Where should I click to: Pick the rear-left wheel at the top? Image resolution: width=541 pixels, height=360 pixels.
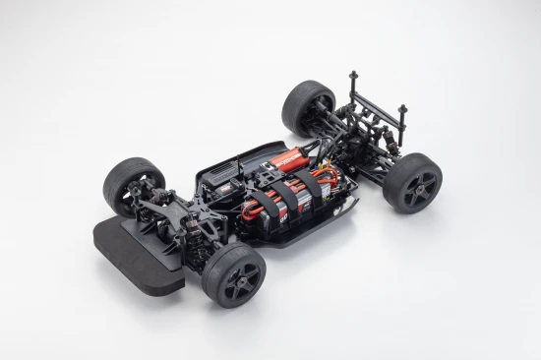click(307, 105)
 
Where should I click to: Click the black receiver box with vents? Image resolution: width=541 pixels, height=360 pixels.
click(221, 181)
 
